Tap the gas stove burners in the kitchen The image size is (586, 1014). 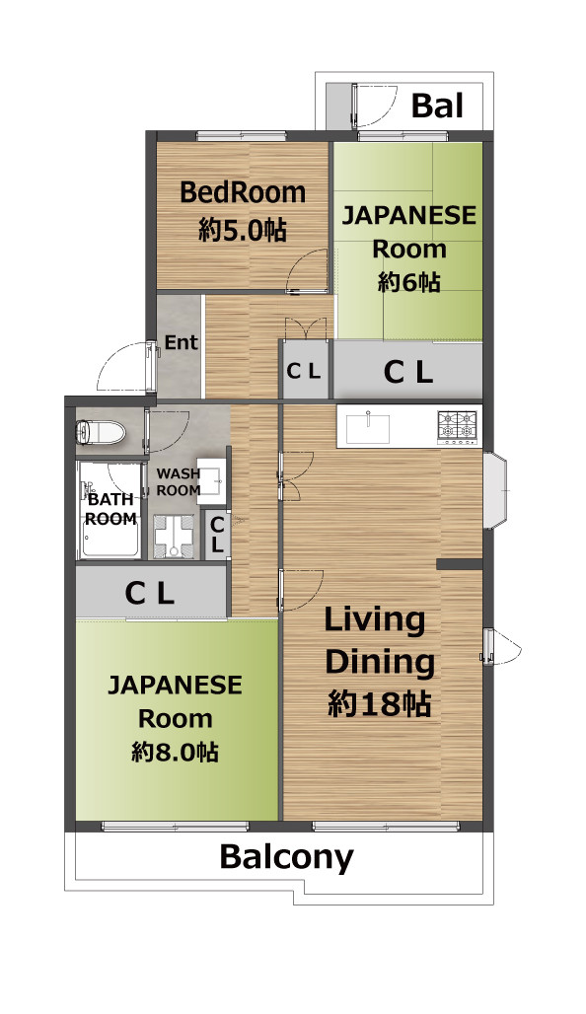tap(459, 426)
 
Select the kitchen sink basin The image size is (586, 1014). tap(367, 428)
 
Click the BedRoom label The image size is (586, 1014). tap(243, 192)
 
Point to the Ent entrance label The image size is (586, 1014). tap(182, 342)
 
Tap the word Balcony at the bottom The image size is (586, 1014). tap(286, 857)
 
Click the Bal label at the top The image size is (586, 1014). tap(438, 106)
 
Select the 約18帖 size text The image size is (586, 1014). tap(380, 703)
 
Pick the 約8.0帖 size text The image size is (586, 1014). tap(175, 752)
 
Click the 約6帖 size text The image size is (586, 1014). tap(408, 282)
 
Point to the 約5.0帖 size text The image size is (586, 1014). tap(243, 230)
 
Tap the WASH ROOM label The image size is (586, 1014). tap(179, 482)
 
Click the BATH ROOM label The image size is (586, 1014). tap(111, 509)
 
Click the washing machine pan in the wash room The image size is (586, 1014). tap(174, 536)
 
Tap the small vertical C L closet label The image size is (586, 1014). tap(217, 535)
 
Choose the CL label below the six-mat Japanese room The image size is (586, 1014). tap(407, 372)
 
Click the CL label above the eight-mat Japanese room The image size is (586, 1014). tap(149, 593)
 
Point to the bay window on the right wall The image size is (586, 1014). tap(496, 490)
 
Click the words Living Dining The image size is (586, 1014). tap(379, 641)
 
